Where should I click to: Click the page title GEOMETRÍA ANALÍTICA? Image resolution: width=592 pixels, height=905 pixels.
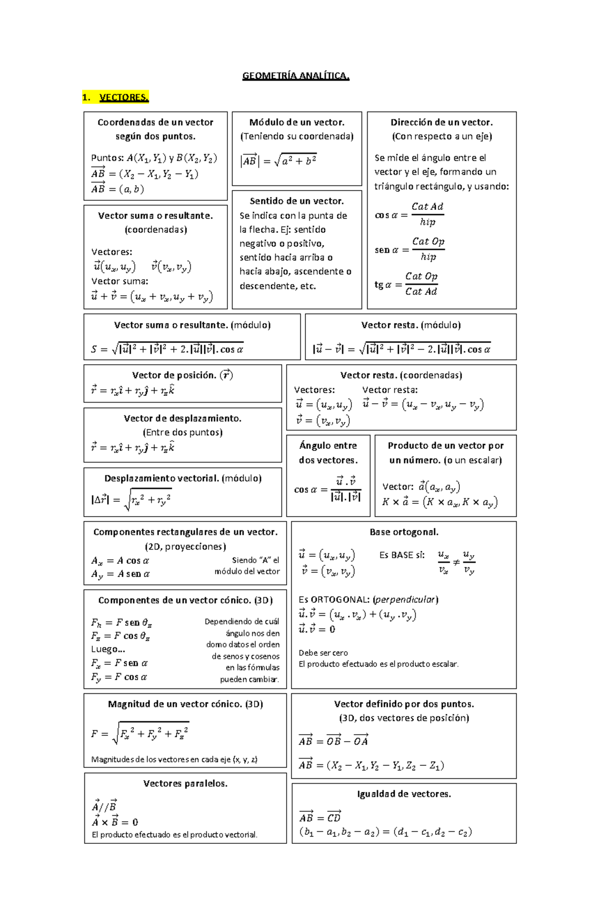[296, 75]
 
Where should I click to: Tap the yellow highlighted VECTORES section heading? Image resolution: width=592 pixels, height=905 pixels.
[123, 97]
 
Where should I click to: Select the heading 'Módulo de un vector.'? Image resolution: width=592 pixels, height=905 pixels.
[296, 122]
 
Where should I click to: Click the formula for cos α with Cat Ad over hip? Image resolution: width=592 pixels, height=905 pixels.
[409, 214]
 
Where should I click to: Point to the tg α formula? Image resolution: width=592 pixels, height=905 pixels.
[406, 284]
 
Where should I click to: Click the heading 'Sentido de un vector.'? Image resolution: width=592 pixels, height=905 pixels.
[296, 201]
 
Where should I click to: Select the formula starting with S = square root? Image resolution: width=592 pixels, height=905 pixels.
[167, 349]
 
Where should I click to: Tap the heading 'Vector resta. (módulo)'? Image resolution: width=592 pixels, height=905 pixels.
[410, 325]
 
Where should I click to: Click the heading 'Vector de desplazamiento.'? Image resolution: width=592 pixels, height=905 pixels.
[183, 418]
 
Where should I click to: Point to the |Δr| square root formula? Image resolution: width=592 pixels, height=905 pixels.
[131, 499]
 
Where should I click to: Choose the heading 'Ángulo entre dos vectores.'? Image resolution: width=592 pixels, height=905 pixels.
[328, 452]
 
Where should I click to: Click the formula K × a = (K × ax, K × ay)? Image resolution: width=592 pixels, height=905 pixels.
[440, 502]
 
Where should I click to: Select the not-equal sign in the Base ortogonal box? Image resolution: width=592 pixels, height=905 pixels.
[456, 562]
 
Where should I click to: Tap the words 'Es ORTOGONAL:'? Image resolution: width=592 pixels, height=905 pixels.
[334, 600]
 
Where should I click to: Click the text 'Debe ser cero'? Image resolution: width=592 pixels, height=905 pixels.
[323, 653]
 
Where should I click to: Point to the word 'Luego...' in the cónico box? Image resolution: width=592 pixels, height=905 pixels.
[108, 649]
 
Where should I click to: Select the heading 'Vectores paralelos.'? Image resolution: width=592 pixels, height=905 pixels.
[185, 784]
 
